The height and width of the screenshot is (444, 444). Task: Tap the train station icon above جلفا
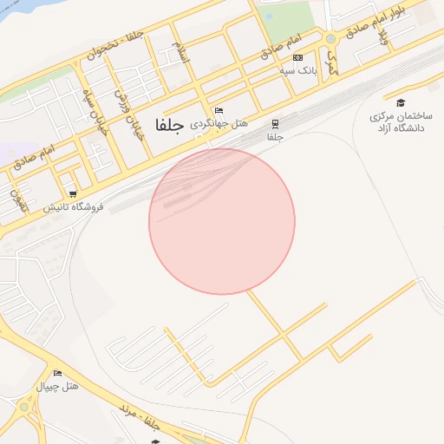click(x=276, y=124)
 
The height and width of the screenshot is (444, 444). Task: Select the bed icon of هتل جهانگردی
click(x=219, y=111)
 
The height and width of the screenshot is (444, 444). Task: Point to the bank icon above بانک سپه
click(x=297, y=57)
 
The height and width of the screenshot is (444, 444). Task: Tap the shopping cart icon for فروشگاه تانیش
click(x=73, y=194)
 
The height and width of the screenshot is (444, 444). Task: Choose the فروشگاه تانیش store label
click(x=73, y=207)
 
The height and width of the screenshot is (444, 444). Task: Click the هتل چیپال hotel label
click(x=58, y=385)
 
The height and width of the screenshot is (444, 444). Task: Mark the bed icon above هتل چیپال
click(x=57, y=373)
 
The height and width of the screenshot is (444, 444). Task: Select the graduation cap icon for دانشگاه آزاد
click(x=400, y=102)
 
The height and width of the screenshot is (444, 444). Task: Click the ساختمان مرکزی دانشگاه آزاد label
click(x=400, y=122)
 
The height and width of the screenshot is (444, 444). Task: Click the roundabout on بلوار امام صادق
click(x=330, y=39)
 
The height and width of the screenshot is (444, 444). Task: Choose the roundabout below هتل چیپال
click(x=23, y=408)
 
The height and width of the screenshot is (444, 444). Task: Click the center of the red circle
click(x=222, y=221)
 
